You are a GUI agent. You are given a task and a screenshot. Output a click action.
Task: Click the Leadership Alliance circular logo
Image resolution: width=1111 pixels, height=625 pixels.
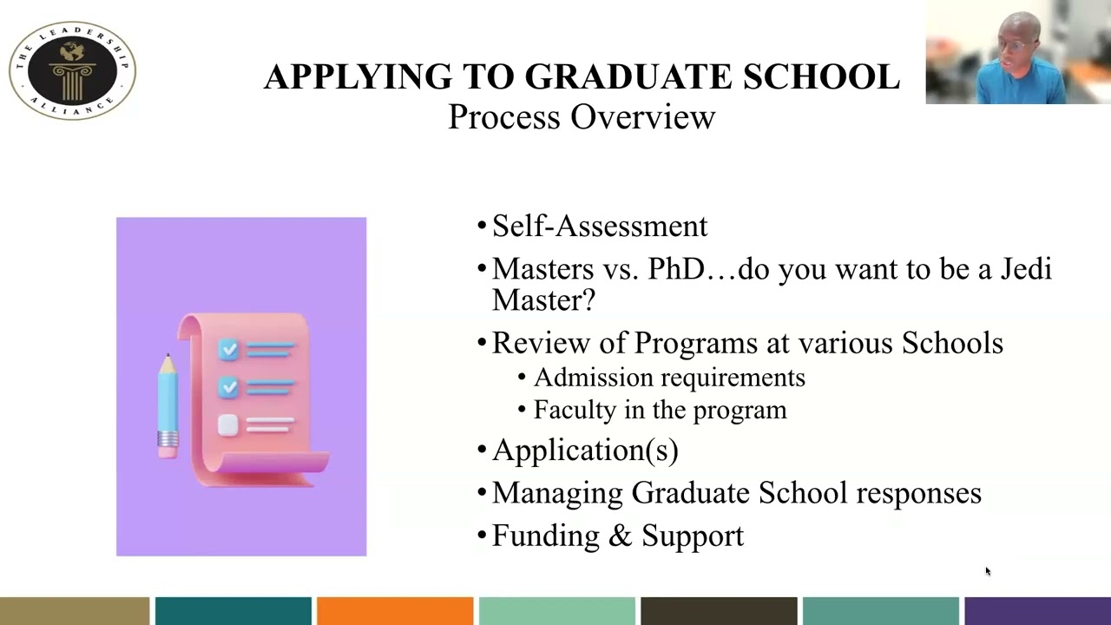coord(72,70)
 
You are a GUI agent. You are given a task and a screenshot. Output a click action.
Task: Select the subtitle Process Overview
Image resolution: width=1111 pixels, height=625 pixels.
coord(581,117)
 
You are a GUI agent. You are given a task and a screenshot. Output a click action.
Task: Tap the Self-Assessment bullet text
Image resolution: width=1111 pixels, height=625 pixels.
coord(599,226)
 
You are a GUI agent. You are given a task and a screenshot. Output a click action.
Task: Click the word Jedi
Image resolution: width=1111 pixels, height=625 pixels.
coord(1026,269)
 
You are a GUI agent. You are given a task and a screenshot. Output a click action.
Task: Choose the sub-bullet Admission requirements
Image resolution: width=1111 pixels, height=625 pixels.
coord(668,378)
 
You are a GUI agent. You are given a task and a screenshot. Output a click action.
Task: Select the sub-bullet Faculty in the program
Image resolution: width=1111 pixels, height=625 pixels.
coord(660,410)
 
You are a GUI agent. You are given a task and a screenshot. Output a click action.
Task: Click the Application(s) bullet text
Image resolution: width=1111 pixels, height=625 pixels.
coord(584,450)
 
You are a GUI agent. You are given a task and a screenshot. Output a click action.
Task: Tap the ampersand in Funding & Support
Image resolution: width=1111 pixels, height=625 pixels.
coord(620,536)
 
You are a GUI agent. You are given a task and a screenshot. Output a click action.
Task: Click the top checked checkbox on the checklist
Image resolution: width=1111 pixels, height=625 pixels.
coord(228,349)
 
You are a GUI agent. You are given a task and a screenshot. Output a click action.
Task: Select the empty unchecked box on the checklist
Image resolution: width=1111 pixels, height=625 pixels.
coord(228,424)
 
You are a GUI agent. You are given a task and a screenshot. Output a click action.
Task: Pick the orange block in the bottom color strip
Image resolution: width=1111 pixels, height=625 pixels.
coord(395,611)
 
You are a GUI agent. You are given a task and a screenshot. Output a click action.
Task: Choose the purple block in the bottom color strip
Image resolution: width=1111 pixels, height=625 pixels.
coord(1037,611)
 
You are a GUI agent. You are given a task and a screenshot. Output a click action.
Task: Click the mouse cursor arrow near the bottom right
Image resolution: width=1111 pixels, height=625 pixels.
coord(987,570)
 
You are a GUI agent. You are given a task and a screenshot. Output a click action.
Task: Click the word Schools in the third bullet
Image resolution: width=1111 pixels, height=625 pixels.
coord(952,343)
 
